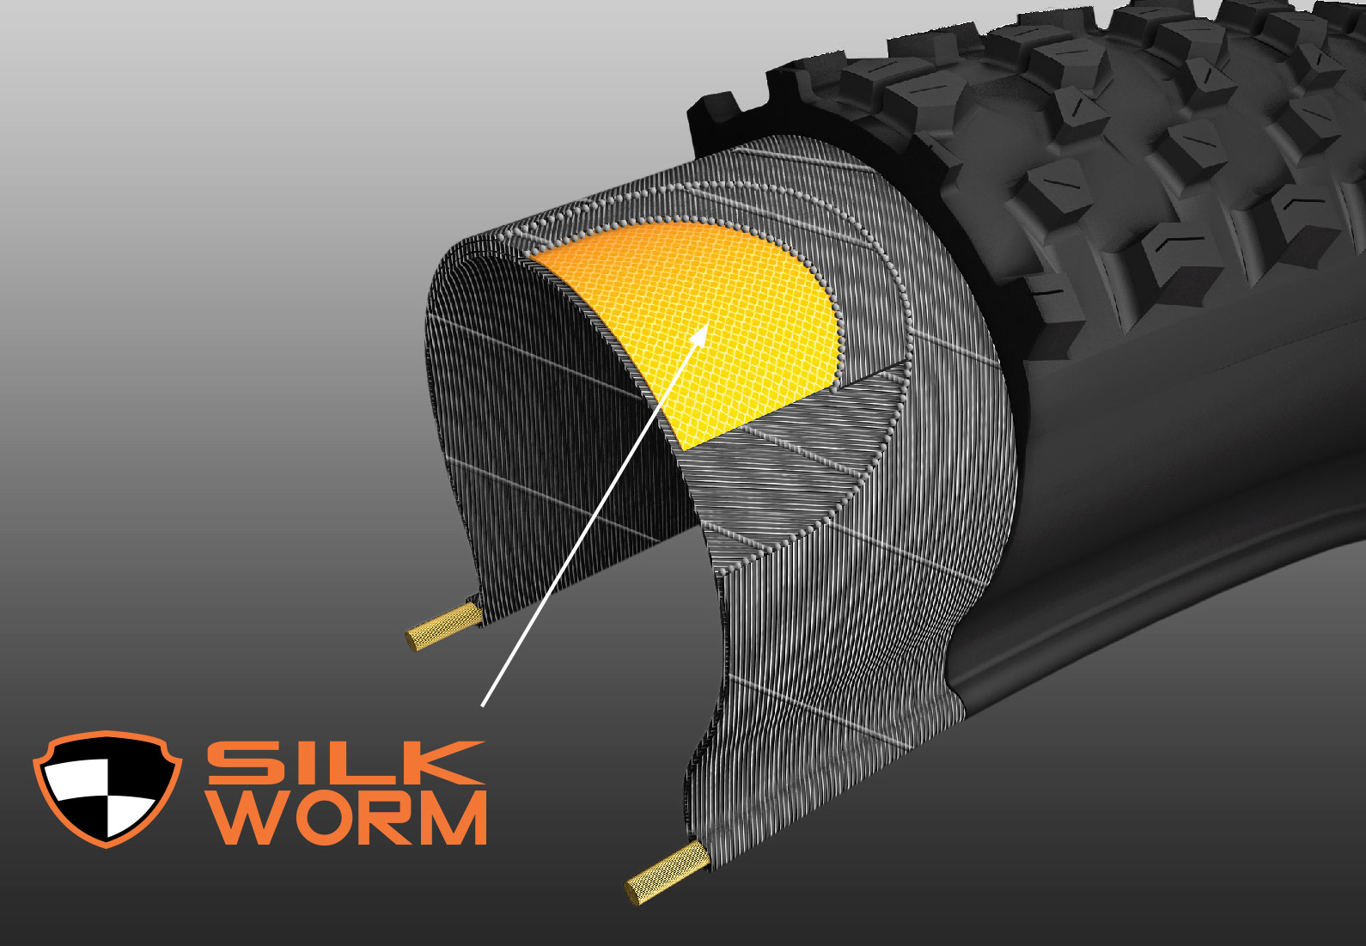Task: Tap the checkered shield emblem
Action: [x=107, y=789]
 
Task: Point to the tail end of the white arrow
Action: [x=482, y=706]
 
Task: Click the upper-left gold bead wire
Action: [x=443, y=626]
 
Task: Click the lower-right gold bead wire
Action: [x=668, y=873]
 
